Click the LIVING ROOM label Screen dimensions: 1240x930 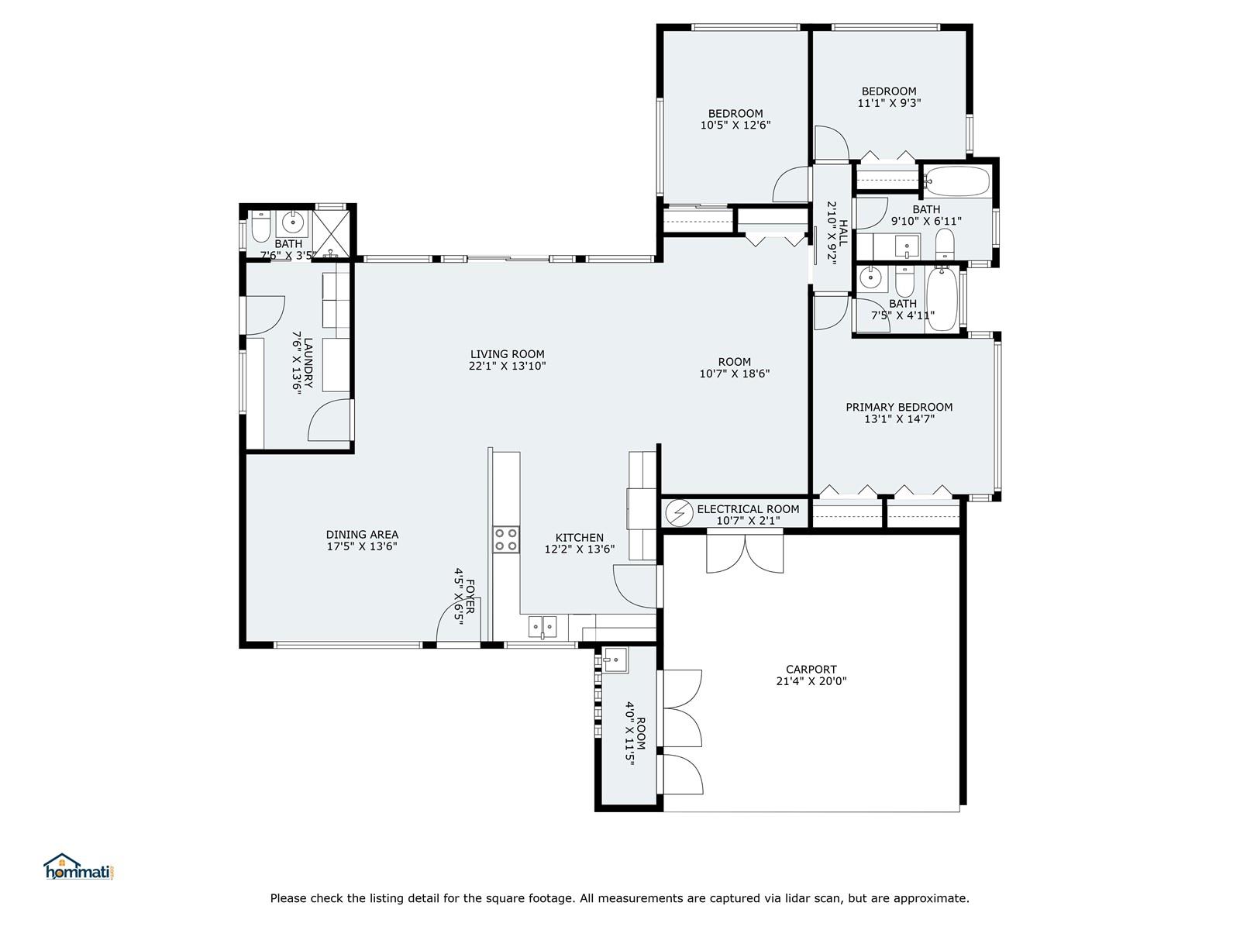[507, 354]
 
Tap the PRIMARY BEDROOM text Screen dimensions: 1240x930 [899, 407]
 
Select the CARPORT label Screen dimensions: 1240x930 [811, 669]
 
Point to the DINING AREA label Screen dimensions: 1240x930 [362, 534]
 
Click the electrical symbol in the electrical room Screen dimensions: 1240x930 [678, 513]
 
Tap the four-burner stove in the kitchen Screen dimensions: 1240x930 [506, 539]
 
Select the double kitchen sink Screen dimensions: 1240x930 [542, 627]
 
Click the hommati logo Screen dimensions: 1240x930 [79, 866]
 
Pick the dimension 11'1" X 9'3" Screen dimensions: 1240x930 [889, 103]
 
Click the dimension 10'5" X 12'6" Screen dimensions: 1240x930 [735, 126]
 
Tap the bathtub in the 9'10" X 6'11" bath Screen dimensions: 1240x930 [957, 181]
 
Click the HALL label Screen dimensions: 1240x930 [843, 232]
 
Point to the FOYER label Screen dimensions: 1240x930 [470, 596]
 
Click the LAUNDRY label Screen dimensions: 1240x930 [308, 363]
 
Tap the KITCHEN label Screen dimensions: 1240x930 [580, 538]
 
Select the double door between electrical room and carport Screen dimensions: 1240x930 [745, 553]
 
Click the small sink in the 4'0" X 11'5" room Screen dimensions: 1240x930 [615, 660]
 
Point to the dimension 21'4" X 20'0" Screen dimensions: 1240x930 [811, 681]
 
